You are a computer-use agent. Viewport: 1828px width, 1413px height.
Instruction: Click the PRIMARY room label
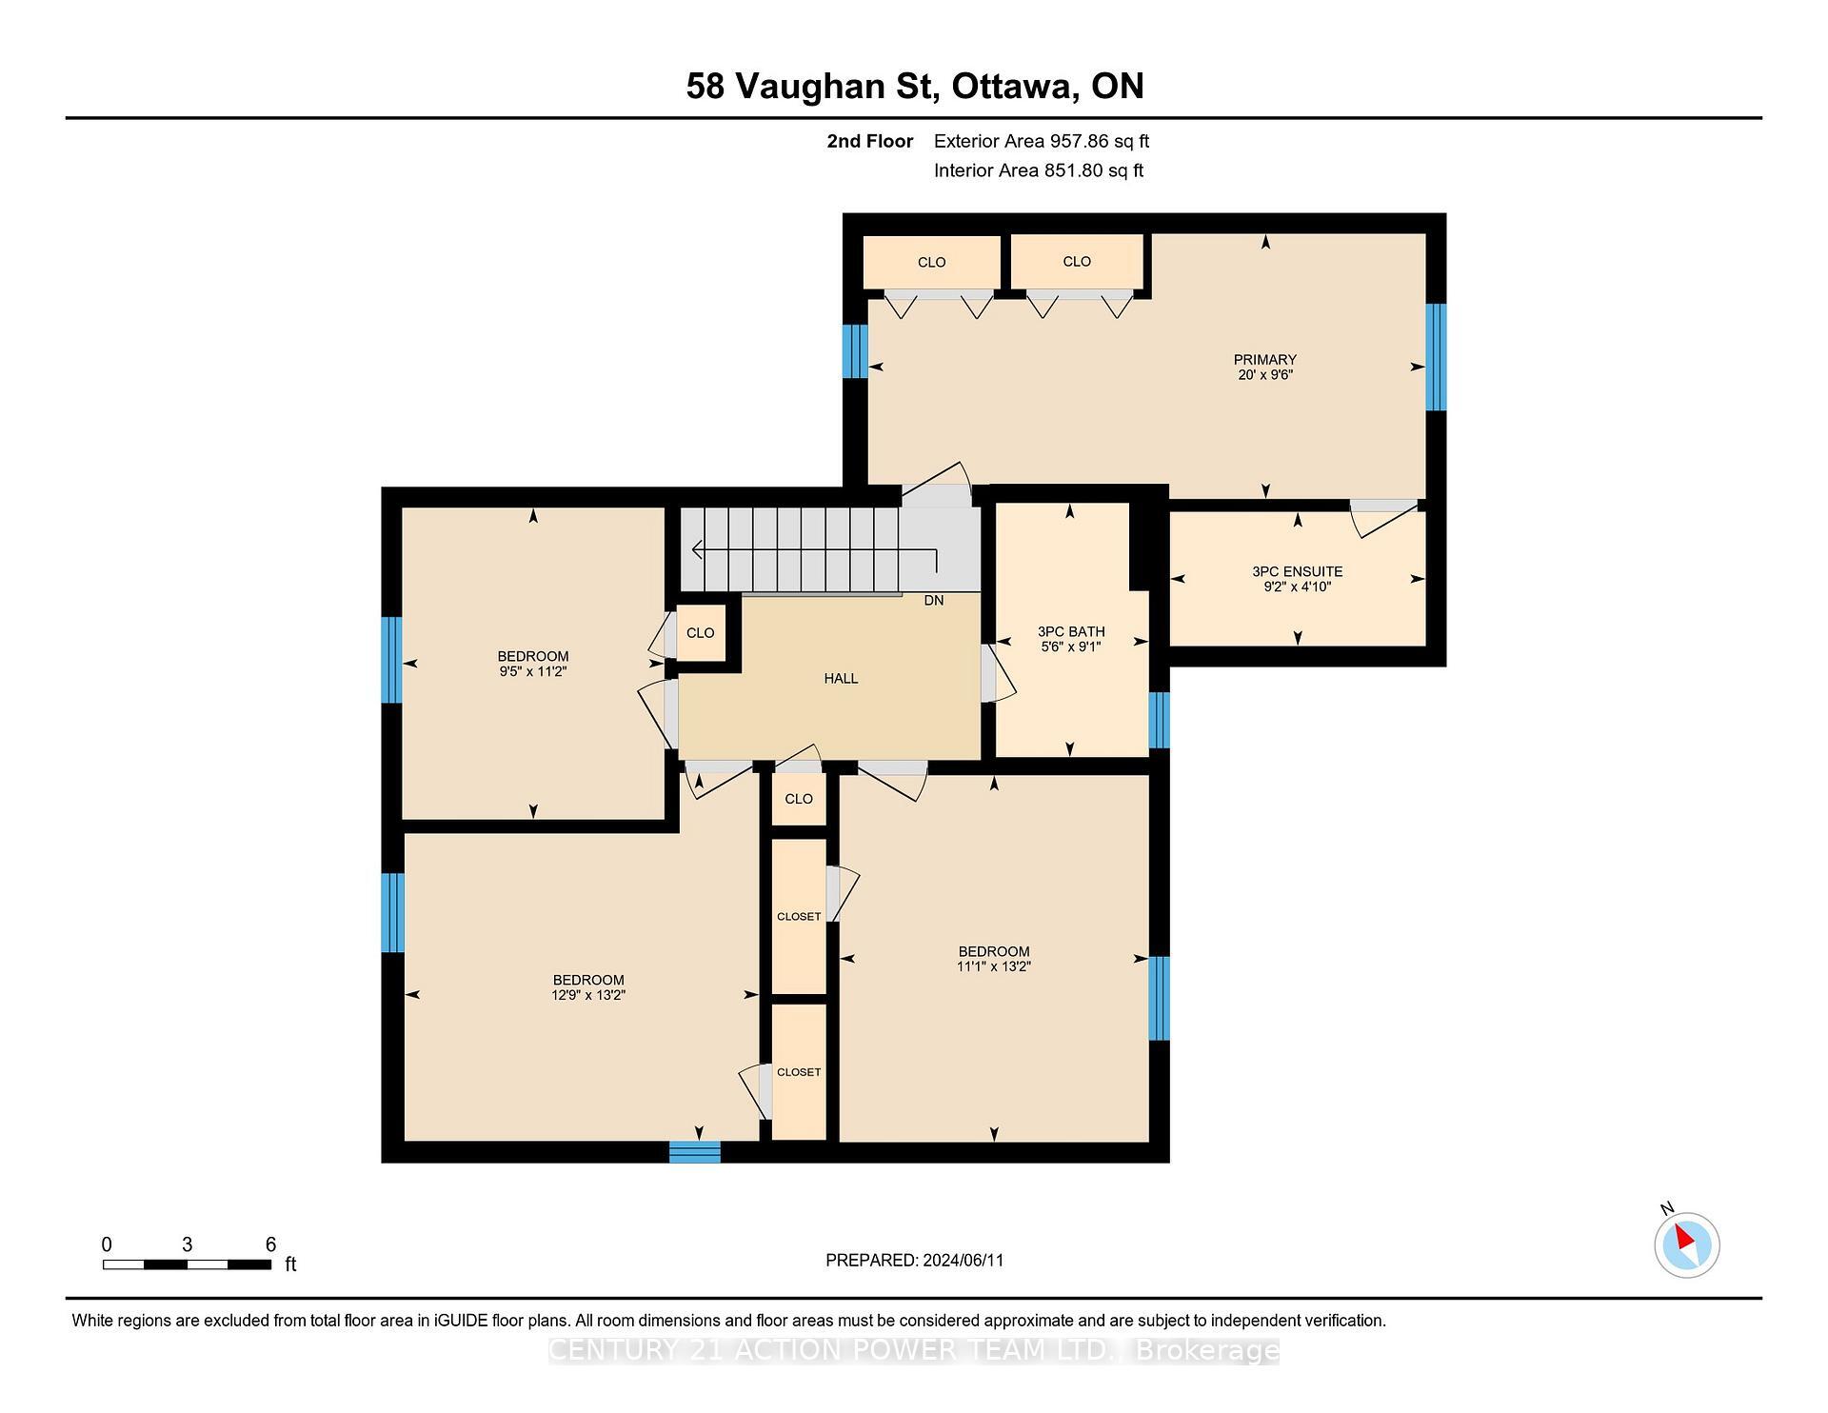[1264, 359]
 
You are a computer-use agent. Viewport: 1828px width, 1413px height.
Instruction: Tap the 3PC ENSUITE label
[1297, 571]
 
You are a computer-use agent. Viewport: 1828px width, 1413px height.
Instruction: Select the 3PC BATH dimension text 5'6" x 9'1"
[1071, 647]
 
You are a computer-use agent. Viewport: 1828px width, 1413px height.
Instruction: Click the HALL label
[841, 678]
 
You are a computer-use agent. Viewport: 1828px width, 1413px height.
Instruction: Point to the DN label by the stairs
[933, 601]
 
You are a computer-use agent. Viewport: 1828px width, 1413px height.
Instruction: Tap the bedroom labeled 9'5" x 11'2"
[532, 664]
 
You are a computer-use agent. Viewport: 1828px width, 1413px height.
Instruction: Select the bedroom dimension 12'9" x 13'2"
[588, 995]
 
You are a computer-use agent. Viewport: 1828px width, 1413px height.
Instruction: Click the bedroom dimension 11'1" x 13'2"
[994, 966]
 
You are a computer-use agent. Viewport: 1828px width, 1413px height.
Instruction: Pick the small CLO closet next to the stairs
[700, 632]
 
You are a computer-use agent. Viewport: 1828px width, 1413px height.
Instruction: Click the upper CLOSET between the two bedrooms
[798, 916]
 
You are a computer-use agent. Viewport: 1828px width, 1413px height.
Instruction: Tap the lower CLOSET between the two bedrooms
[798, 1071]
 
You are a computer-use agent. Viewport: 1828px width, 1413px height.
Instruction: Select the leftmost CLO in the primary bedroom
[931, 262]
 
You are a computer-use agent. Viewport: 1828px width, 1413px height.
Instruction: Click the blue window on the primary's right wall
[1435, 357]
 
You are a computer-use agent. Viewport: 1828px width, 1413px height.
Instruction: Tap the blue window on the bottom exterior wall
[694, 1152]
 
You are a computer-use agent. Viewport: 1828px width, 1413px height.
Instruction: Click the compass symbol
[1686, 1244]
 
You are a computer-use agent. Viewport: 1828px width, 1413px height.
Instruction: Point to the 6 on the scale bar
[270, 1244]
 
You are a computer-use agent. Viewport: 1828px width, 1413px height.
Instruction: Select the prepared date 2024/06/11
[963, 1260]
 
